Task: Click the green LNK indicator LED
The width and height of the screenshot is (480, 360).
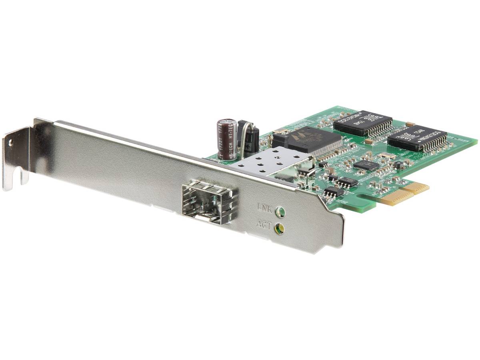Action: point(282,210)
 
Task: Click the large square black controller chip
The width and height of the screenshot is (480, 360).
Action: point(307,140)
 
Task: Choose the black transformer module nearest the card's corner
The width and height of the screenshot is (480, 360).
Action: point(416,138)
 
